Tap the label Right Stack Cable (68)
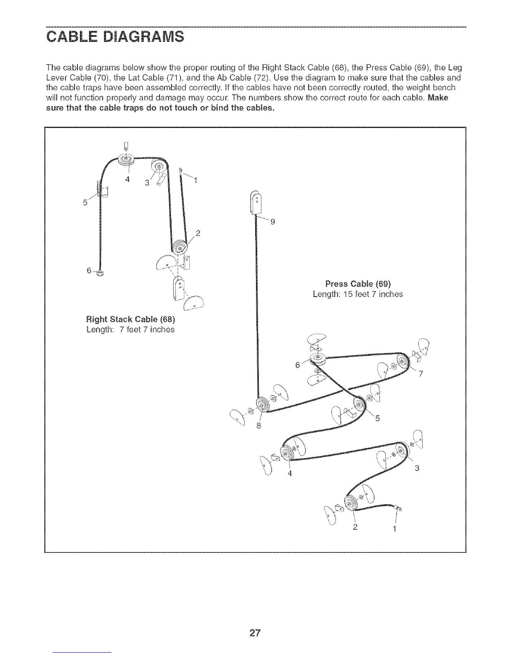(130, 320)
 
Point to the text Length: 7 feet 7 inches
(130, 330)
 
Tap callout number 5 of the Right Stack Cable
(85, 203)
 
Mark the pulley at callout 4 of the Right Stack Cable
(125, 160)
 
